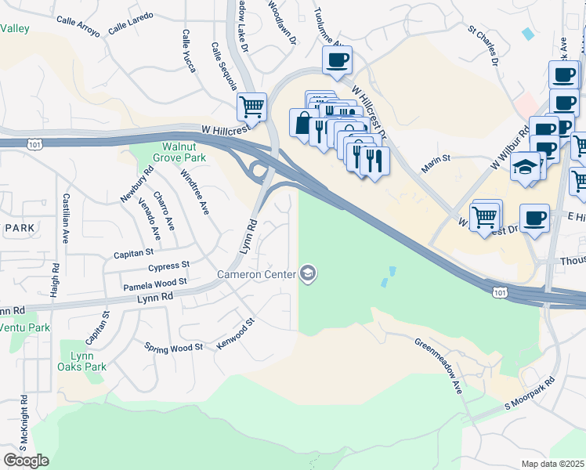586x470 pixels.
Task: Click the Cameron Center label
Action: point(256,274)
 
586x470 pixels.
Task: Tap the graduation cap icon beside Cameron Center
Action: point(308,273)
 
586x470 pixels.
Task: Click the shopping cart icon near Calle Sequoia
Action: point(251,106)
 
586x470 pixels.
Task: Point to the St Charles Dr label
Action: point(484,46)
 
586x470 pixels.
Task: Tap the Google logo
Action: point(27,461)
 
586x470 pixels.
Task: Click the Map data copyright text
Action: point(552,464)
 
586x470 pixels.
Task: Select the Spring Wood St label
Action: point(174,346)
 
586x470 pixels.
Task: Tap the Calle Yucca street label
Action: point(188,52)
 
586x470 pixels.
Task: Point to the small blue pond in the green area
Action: point(389,277)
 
